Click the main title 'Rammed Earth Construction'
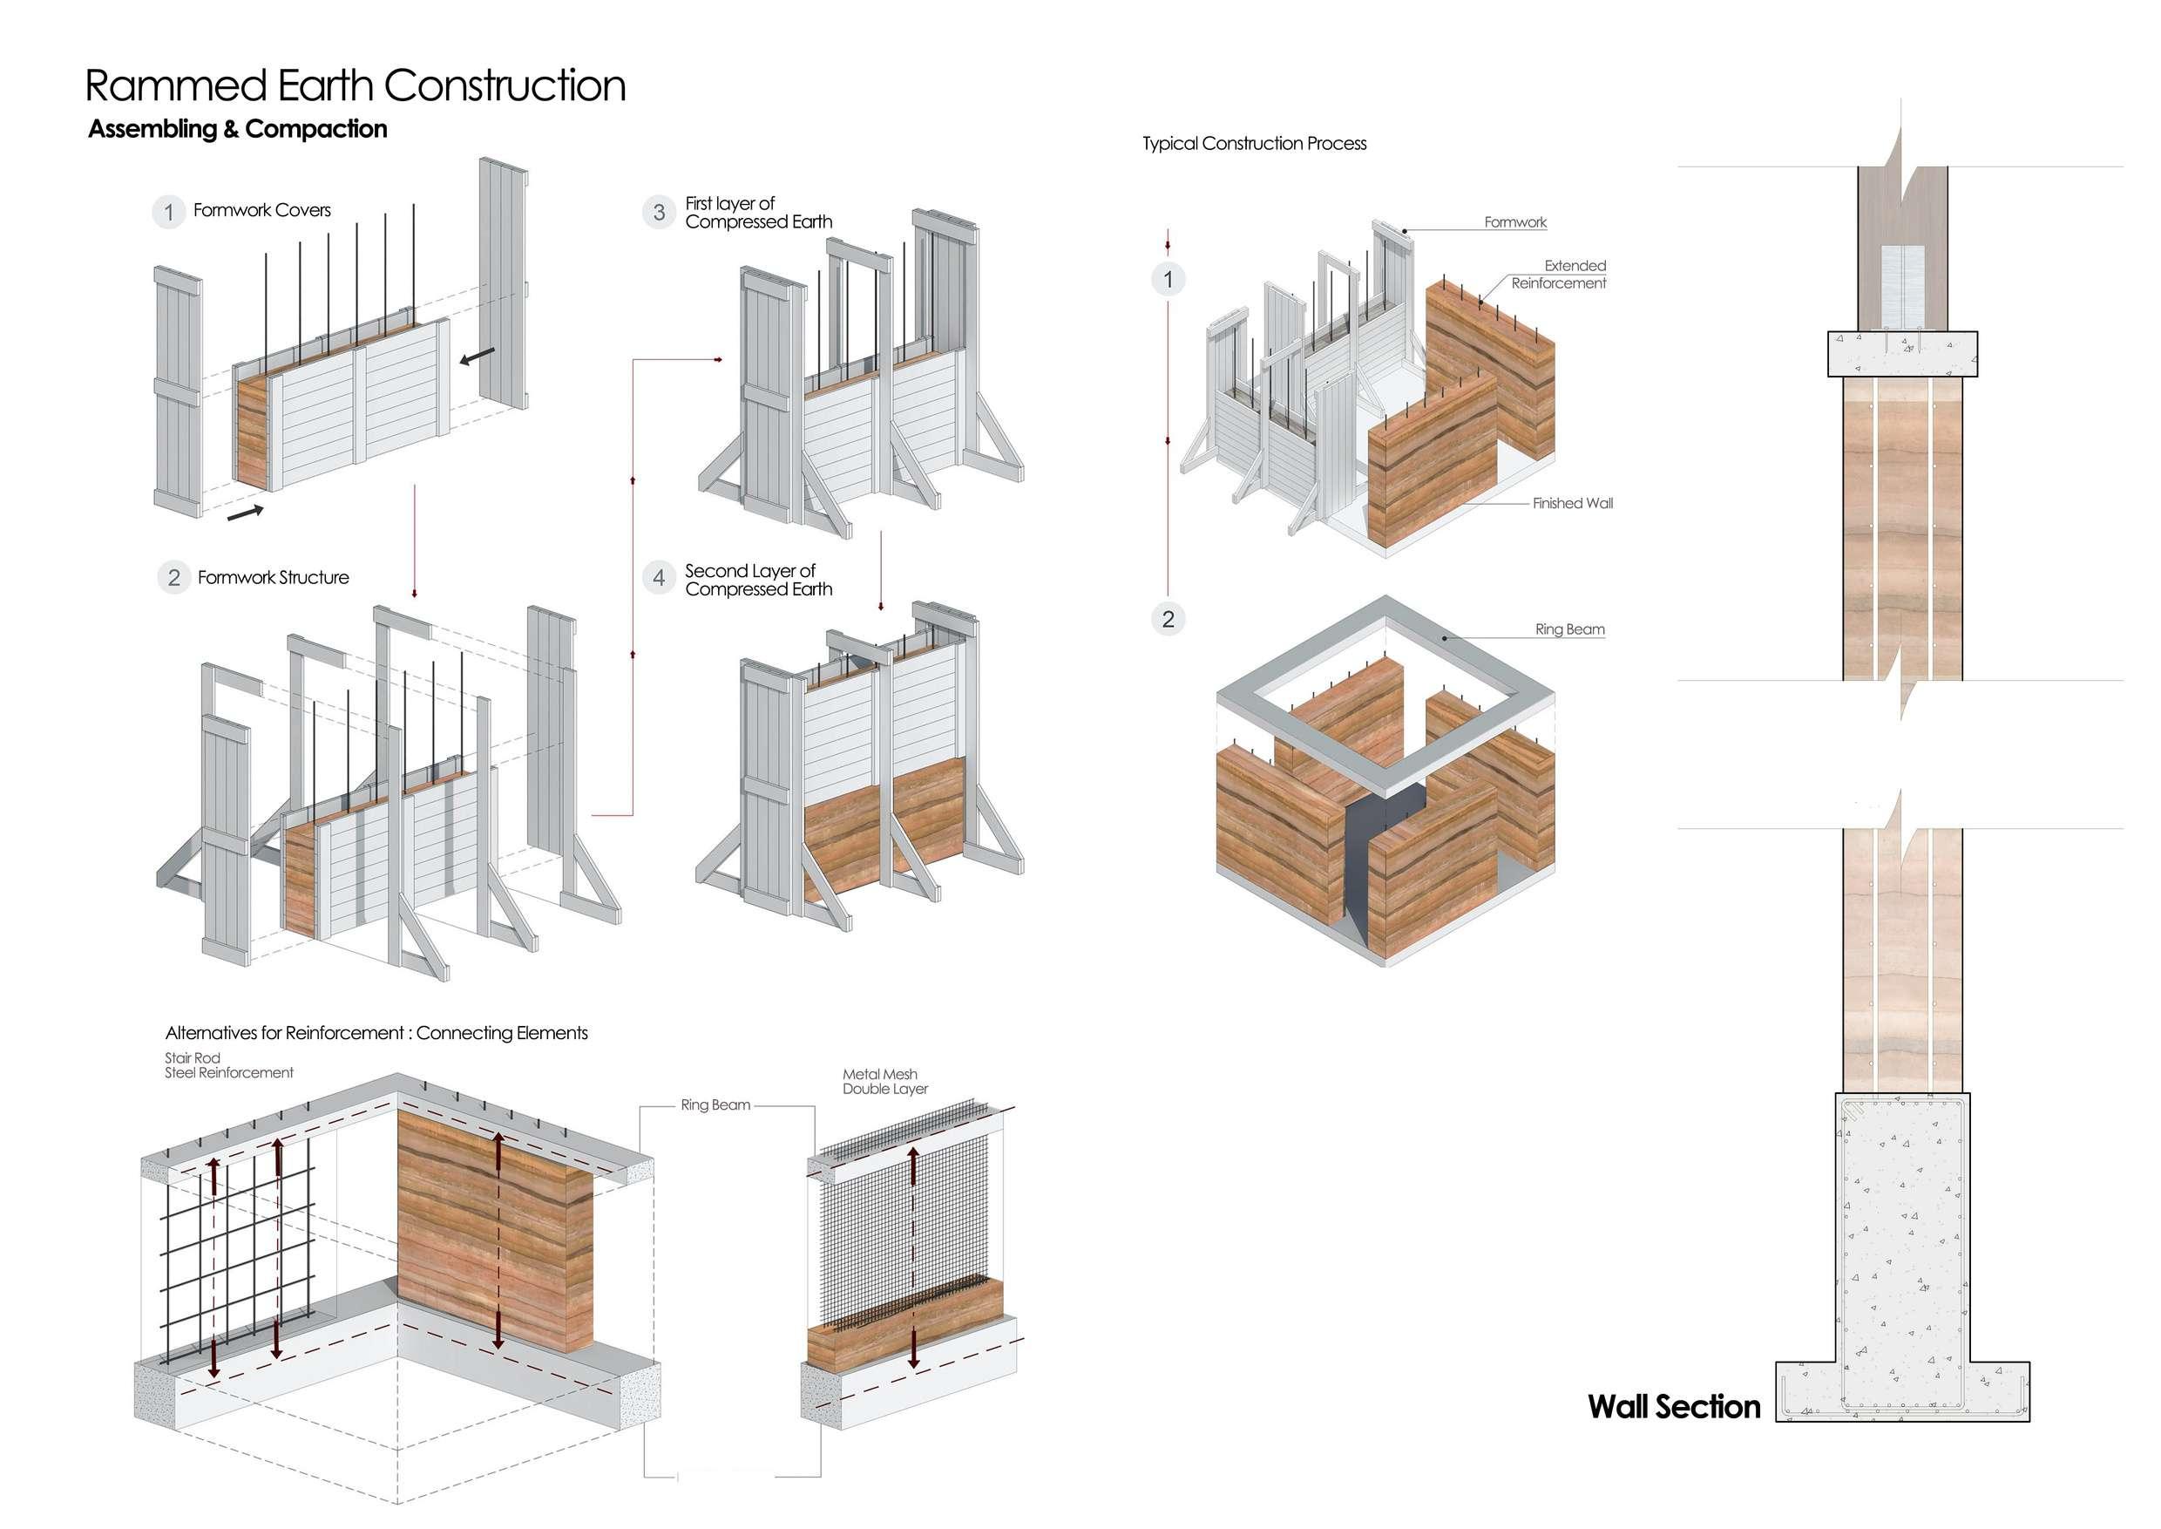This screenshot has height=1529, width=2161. point(355,85)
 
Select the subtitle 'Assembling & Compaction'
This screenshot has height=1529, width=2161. point(237,129)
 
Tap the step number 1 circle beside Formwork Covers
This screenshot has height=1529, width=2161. point(168,212)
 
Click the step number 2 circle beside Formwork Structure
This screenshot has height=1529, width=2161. point(174,577)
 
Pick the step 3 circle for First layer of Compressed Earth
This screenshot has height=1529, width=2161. point(659,212)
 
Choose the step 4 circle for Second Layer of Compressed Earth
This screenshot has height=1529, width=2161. point(659,577)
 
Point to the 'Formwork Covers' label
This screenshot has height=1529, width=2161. point(261,210)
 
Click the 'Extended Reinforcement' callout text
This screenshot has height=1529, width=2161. point(1559,274)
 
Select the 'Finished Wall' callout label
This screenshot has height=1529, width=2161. point(1572,504)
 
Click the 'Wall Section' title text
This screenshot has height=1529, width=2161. point(1673,1407)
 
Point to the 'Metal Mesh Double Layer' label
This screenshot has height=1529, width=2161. point(884,1081)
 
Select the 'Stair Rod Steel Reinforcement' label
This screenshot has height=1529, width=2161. point(228,1065)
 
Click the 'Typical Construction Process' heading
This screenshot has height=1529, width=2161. point(1254,143)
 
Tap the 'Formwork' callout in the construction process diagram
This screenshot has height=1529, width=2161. point(1514,222)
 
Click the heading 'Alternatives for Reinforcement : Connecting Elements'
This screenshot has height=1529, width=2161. point(376,1033)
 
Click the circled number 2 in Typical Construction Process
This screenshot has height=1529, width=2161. point(1168,619)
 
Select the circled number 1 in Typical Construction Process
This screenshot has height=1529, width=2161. point(1168,279)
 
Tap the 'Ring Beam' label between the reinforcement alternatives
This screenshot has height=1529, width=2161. point(715,1104)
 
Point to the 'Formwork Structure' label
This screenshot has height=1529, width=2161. point(273,577)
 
